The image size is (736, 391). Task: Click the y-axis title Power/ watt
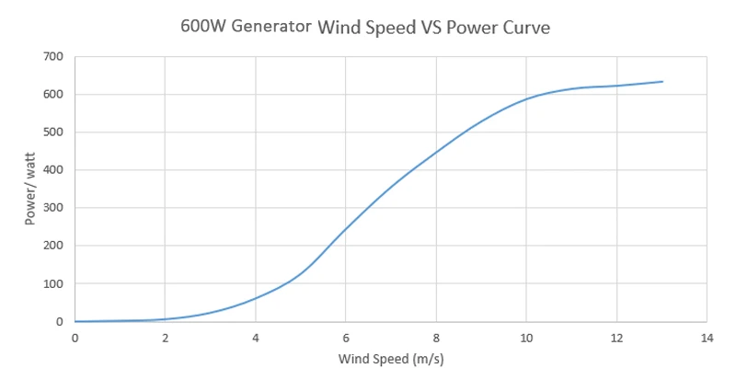tap(29, 190)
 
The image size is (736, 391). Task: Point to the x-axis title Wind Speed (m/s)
tap(391, 358)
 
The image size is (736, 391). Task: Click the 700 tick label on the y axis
tap(53, 57)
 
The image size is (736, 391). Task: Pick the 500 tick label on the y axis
tap(53, 132)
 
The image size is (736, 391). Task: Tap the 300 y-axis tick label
tap(53, 208)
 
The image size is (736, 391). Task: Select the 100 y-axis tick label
tap(53, 284)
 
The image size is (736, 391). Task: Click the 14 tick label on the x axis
tap(706, 338)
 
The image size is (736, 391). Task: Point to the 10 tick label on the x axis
tap(525, 338)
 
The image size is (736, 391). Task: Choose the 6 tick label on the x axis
tap(345, 338)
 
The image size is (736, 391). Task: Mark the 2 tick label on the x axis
tap(165, 338)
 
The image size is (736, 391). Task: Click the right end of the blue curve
tap(662, 82)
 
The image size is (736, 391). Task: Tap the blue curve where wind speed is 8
tap(435, 152)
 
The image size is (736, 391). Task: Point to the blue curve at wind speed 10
tap(525, 98)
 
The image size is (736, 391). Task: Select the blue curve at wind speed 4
tap(255, 299)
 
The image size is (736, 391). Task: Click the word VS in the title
tap(430, 28)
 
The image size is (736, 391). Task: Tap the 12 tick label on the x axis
tap(615, 338)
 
